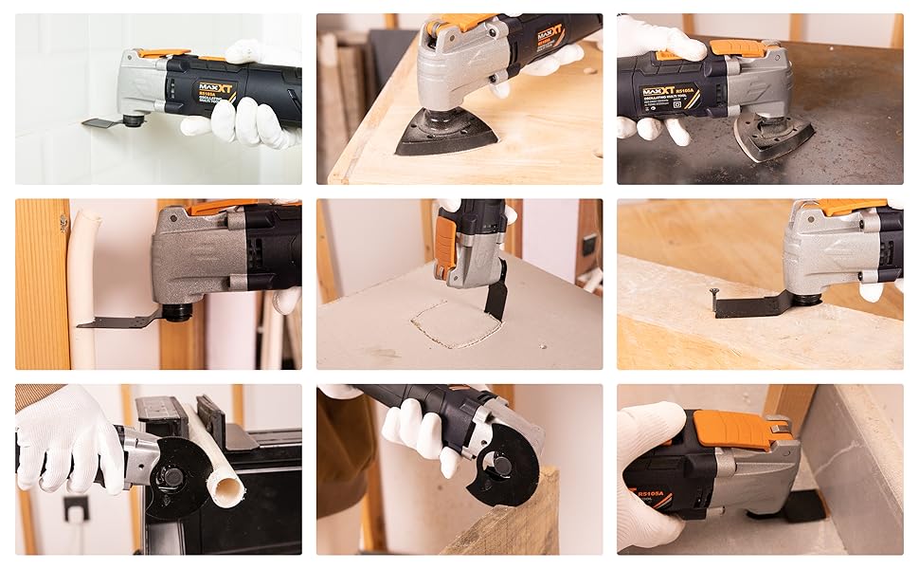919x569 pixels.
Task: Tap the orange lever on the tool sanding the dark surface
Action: tap(739, 46)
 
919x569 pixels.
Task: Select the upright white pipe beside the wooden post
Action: tap(83, 284)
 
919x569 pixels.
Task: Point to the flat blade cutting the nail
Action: tap(748, 305)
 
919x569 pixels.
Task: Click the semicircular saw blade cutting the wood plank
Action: tap(508, 473)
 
